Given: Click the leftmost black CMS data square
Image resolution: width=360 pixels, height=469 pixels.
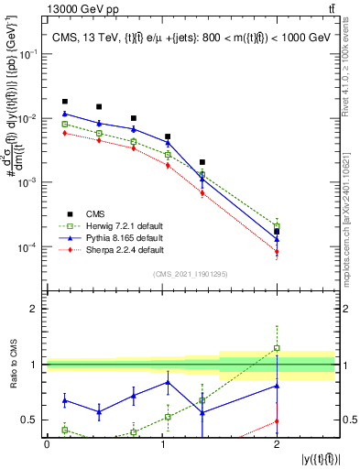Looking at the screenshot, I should point(64,102).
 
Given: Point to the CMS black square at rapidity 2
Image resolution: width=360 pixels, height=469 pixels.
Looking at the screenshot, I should point(277,232).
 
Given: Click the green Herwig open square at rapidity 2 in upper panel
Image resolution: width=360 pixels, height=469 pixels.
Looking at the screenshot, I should point(277,225).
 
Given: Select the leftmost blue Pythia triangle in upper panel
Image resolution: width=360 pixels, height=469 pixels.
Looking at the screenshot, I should point(64,114).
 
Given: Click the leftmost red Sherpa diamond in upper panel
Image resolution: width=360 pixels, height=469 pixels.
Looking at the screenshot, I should point(64,133).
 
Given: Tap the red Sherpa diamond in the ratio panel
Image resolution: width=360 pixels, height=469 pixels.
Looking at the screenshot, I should point(277,421).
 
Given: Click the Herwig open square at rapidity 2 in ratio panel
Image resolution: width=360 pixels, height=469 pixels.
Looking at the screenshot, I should point(277,348).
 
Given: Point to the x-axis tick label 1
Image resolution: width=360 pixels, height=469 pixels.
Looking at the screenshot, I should point(162,444).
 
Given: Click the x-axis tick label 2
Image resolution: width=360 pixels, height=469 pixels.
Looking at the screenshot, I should point(278,444).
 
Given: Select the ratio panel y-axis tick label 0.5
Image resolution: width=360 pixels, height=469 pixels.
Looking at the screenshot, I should point(34,420).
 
